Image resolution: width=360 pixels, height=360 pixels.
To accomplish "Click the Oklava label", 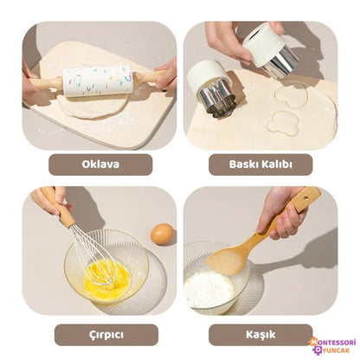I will pos(100,164).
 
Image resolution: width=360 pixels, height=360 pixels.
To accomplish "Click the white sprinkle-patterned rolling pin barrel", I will pos(97,80).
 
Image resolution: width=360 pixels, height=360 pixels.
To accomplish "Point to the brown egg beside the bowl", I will pos(162,234).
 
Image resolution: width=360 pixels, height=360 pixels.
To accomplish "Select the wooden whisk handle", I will pos(65,210).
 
